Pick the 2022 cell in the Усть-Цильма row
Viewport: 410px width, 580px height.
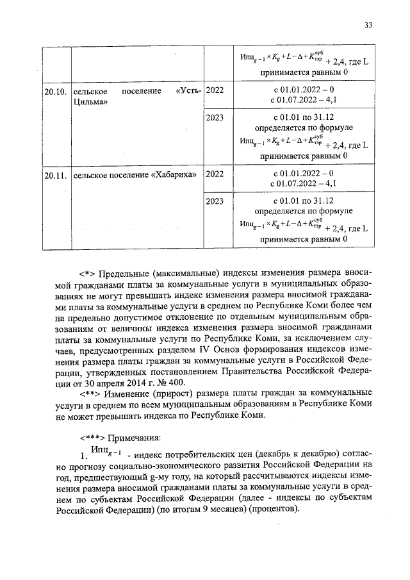coord(215,91)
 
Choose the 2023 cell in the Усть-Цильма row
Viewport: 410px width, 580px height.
coord(215,118)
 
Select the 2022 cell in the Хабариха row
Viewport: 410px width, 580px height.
coord(215,174)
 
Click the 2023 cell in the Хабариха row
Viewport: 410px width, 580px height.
coord(215,201)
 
